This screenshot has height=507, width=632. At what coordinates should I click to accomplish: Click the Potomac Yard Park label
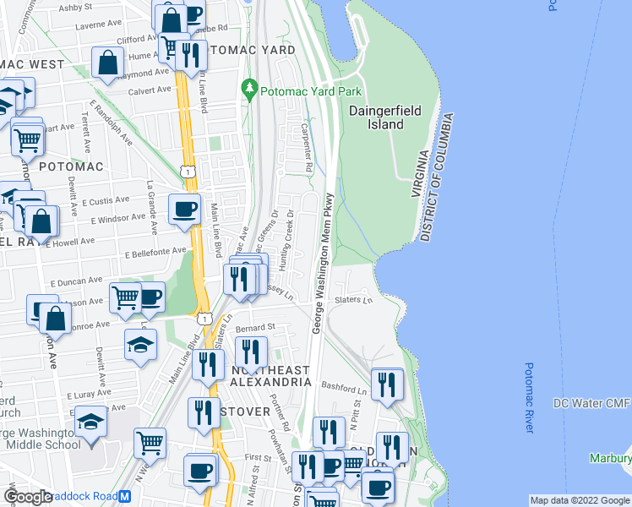311,91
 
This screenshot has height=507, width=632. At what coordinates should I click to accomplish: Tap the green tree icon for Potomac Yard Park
249,88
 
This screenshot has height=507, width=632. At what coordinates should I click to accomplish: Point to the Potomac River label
530,397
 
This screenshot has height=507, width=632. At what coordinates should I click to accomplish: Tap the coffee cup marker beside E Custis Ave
184,210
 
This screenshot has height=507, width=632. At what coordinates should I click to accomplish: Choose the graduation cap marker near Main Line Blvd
140,344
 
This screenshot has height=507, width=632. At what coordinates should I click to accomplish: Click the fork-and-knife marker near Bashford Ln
387,384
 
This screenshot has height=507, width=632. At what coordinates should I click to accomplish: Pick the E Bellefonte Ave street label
155,251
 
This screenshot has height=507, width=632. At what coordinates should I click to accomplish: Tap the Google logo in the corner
28,497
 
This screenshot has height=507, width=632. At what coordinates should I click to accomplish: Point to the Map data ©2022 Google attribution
579,500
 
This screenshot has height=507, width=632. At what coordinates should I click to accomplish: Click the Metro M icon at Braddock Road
125,496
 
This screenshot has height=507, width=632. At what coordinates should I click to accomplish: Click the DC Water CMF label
591,404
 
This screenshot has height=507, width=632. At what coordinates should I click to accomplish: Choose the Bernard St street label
256,326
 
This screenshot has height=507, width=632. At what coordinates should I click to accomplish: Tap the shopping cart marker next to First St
150,442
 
